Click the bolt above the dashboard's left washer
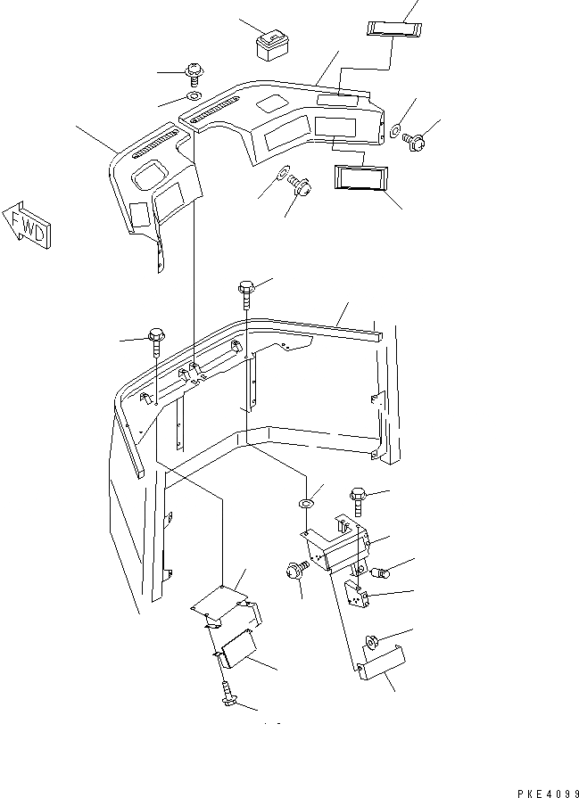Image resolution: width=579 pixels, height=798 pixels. tap(193, 71)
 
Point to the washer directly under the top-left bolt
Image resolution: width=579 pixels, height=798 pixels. tap(194, 95)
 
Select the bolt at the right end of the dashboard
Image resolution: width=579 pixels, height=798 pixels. tap(414, 138)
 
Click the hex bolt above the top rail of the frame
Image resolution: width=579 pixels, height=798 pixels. tap(246, 288)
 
